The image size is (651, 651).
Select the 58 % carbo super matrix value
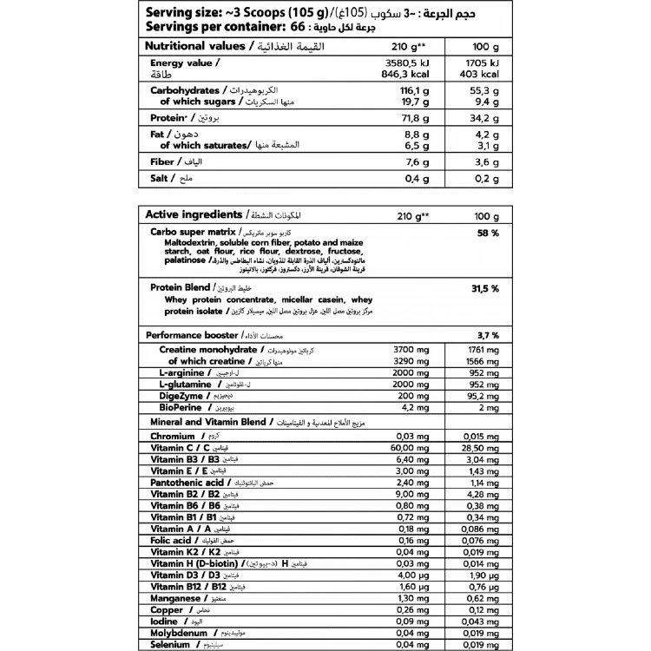pos(488,233)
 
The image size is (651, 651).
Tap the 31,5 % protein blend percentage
pos(483,287)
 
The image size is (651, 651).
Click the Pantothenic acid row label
pos(187,481)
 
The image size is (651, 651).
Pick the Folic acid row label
pos(171,539)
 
